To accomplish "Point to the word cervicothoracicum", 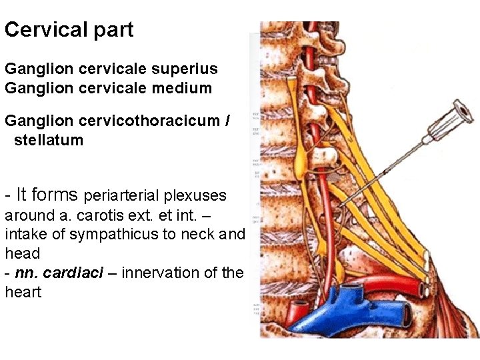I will pos(148,121).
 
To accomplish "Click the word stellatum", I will pos(49,140).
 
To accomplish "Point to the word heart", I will pos(23,292).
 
